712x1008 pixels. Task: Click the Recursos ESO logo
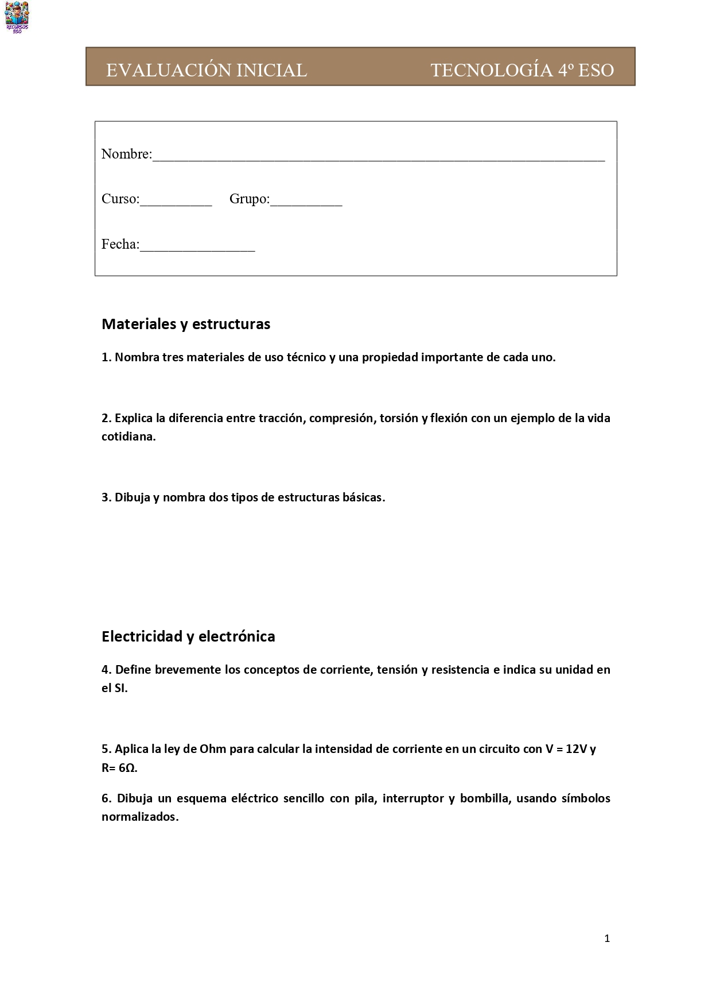pos(17,17)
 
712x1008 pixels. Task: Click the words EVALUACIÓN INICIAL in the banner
pos(207,70)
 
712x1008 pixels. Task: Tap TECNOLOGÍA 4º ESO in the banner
pos(522,70)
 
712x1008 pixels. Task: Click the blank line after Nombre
pos(379,156)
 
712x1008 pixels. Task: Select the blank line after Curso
pos(176,201)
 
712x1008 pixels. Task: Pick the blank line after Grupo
pos(306,201)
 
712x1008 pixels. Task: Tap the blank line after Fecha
pos(197,246)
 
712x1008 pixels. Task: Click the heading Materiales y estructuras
pos(186,324)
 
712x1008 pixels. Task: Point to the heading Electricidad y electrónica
pos(188,636)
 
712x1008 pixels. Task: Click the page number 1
pos(607,939)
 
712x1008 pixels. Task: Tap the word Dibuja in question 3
pos(132,497)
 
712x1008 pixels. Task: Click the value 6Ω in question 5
pos(127,768)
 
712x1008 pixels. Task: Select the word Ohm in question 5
pos(213,749)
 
